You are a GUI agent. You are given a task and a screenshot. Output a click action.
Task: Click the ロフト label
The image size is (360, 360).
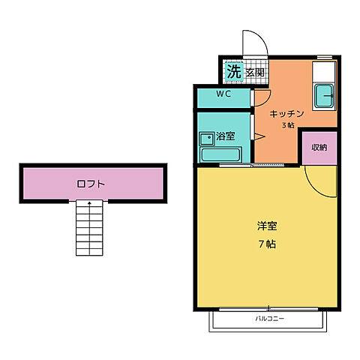[90, 183]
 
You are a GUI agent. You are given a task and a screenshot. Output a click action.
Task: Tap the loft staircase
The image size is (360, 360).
[90, 229]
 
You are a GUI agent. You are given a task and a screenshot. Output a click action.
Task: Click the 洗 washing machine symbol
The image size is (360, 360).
[234, 72]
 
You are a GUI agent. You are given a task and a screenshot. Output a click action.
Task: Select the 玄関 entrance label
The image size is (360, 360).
[255, 73]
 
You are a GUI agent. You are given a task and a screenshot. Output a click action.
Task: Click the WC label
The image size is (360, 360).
[223, 94]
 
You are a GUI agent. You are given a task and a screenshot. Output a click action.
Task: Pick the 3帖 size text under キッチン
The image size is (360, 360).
[288, 125]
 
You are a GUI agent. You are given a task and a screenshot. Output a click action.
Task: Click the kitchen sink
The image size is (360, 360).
[325, 96]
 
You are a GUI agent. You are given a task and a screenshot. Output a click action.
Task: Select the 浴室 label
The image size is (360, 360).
[226, 137]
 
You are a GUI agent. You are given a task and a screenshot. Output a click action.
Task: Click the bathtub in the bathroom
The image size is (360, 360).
[220, 156]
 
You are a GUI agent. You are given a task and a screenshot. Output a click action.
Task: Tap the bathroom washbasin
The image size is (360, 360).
[205, 138]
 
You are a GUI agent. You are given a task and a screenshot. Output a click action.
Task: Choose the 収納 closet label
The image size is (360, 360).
[319, 147]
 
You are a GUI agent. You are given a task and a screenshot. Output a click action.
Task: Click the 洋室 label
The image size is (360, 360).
[267, 226]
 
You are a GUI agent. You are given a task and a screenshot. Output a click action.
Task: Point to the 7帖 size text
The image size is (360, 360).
[267, 245]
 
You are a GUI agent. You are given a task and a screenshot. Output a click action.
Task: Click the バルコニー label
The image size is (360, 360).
[268, 319]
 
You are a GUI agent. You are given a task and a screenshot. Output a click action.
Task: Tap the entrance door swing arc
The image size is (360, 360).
[253, 41]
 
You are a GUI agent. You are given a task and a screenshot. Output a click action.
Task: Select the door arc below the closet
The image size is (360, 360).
[320, 182]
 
